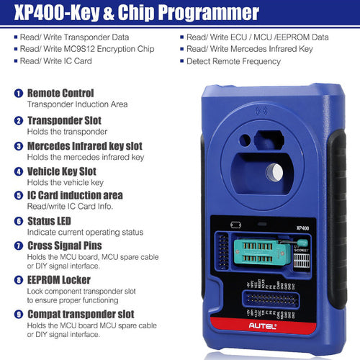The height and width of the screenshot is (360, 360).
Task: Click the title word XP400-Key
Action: [69, 12]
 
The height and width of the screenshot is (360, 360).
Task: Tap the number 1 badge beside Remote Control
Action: [18, 94]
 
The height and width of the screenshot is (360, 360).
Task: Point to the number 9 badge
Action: [18, 314]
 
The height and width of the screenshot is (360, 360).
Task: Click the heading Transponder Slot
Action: [64, 120]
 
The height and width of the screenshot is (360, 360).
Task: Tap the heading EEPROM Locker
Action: [63, 279]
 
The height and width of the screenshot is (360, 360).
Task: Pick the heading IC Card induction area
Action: [75, 195]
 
